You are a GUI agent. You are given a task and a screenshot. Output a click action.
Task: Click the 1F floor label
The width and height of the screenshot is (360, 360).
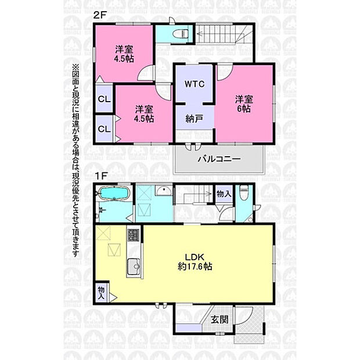[x=101, y=176]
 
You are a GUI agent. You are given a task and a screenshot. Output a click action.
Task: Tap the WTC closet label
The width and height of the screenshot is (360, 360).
[x=195, y=84]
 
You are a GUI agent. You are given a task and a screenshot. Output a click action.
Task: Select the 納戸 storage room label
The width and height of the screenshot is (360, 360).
[x=195, y=118]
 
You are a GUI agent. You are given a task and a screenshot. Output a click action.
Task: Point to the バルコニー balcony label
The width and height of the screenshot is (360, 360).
[x=219, y=159]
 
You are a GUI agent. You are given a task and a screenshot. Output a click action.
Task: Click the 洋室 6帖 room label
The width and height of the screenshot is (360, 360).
[x=244, y=104]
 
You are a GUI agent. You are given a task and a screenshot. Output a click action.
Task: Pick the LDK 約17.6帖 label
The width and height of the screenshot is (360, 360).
[x=195, y=262]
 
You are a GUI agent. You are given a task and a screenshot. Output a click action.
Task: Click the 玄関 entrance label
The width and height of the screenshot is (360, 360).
[x=219, y=319]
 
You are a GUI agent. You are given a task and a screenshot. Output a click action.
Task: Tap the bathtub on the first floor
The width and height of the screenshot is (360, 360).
[x=114, y=193]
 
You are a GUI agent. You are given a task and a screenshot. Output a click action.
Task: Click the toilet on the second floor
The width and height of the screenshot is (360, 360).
[x=181, y=34]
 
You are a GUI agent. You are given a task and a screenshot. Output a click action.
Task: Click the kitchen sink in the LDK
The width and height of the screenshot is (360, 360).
[x=134, y=267]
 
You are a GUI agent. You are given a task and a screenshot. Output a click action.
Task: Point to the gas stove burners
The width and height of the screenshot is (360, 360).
[x=134, y=235]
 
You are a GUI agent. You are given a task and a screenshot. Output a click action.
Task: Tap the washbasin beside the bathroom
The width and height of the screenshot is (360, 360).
[x=163, y=190]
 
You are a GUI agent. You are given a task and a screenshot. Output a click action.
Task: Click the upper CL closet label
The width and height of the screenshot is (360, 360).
[x=105, y=99]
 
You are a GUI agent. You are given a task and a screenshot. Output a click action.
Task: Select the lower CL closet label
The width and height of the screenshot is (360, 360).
[x=105, y=129]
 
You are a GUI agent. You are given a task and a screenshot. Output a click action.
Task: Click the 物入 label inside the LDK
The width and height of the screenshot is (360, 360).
[x=101, y=293]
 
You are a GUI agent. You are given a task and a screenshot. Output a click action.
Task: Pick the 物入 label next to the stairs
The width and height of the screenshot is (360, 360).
[x=224, y=194]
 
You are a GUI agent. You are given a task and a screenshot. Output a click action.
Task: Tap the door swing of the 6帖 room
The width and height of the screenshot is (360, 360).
[x=225, y=73]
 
